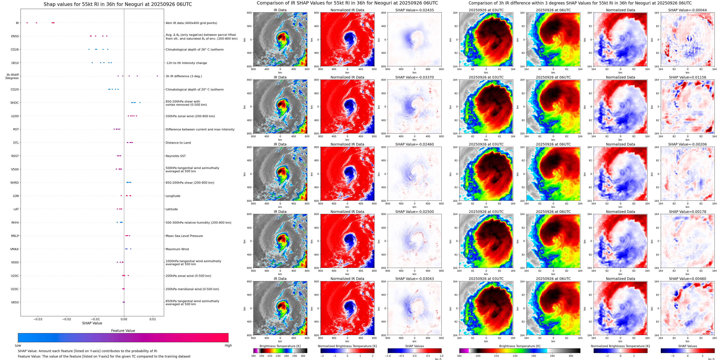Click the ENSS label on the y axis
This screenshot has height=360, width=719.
click(15, 36)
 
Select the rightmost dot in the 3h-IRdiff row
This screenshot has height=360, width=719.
click(157, 76)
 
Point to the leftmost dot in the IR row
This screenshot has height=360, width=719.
click(27, 23)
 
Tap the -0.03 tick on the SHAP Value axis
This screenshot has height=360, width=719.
click(38, 319)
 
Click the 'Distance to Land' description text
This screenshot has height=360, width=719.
click(178, 143)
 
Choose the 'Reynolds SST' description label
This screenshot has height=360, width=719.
click(175, 156)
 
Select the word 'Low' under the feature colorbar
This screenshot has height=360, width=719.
click(18, 345)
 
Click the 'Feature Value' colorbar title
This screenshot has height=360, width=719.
click(123, 331)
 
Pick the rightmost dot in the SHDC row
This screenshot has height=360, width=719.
click(140, 102)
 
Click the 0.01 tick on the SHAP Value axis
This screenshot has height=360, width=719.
click(153, 319)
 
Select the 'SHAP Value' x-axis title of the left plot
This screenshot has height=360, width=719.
click(92, 323)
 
